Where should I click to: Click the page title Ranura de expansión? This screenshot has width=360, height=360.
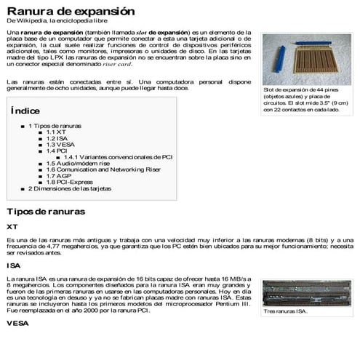pos(71,12)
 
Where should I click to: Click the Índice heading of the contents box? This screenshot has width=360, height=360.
pos(25,111)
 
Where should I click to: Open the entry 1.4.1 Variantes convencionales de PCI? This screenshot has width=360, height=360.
pos(117,157)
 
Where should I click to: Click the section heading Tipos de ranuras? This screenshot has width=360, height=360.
pos(46,212)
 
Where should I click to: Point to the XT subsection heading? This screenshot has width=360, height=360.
pos(12,226)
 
